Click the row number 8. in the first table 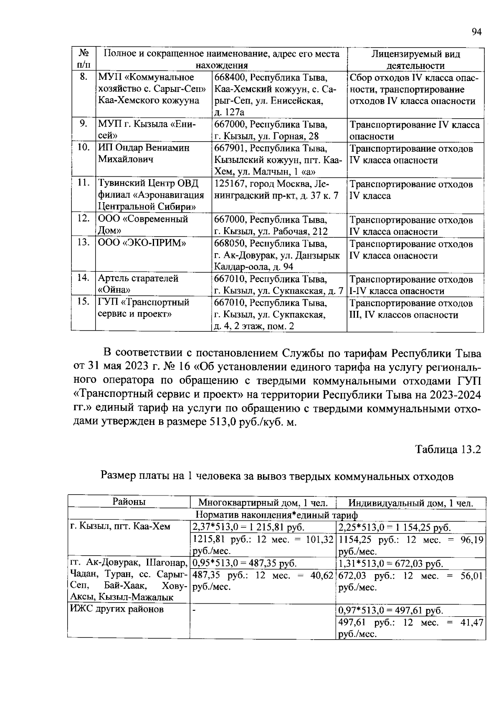pyautogui.click(x=83, y=77)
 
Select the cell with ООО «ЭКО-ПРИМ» pyautogui.click(x=142, y=244)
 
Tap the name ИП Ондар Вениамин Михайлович pyautogui.click(x=144, y=154)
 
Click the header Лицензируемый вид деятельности pyautogui.click(x=415, y=60)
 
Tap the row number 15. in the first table pyautogui.click(x=83, y=302)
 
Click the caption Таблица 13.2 pyautogui.click(x=448, y=450)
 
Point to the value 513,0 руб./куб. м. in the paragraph pyautogui.click(x=250, y=422)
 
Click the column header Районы pyautogui.click(x=129, y=502)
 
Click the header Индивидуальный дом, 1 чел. pyautogui.click(x=411, y=503)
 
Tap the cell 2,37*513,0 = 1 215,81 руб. pyautogui.click(x=248, y=527)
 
